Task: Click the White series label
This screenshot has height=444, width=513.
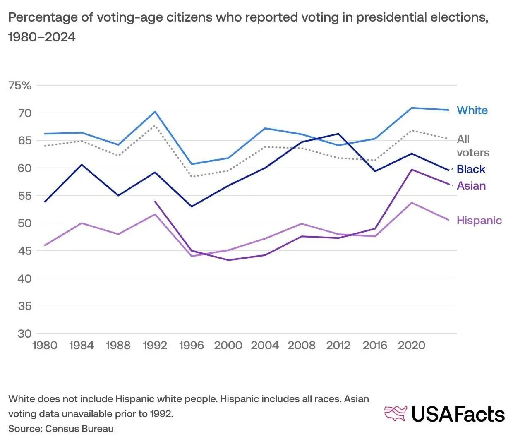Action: coord(472,110)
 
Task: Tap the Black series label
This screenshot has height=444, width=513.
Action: coord(471,169)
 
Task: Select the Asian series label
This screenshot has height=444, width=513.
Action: coord(471,186)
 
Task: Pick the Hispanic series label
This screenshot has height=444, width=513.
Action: coord(479,221)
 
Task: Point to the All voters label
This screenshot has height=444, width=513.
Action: coord(472,146)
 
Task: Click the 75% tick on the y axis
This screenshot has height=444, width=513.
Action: coord(20,86)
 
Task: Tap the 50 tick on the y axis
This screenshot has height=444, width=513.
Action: coord(24,223)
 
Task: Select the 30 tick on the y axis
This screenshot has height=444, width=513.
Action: coord(24,334)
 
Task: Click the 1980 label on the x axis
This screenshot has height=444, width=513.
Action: coord(45,346)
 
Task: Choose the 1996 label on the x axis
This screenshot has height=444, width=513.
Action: coord(192,346)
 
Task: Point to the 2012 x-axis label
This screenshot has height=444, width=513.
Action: coord(338,346)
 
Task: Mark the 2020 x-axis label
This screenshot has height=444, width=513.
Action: coord(411,346)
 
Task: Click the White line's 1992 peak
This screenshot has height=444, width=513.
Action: coord(155,112)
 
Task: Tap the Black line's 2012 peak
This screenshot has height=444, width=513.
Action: coord(338,134)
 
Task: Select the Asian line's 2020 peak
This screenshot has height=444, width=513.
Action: coord(412,170)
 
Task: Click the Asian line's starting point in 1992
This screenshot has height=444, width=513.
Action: coord(155,202)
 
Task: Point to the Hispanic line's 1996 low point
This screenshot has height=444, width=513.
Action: coord(192,256)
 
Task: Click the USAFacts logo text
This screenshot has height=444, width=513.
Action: coord(458,414)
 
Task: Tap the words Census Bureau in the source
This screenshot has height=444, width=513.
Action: coord(79,429)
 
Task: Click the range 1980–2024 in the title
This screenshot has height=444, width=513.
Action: coord(42,37)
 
